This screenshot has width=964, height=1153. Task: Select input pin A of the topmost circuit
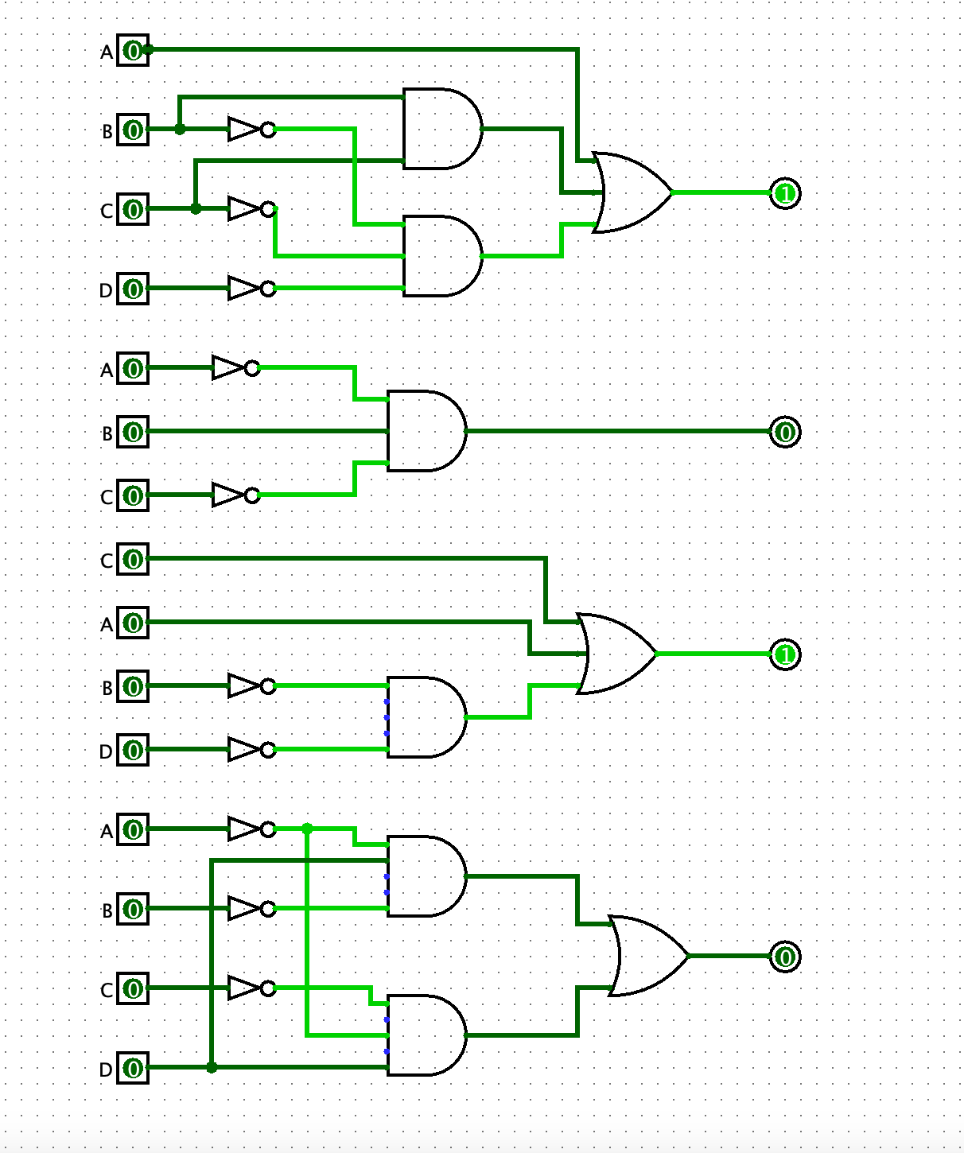(133, 51)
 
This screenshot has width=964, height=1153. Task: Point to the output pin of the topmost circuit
(785, 193)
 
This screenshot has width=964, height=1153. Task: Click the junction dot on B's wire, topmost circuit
(180, 129)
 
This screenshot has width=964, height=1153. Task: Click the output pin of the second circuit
(785, 433)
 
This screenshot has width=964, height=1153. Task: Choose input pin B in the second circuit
(133, 433)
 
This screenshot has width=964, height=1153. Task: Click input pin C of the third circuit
(133, 560)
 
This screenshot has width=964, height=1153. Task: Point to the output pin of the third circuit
(785, 654)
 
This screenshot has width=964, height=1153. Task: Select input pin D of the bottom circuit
(133, 1068)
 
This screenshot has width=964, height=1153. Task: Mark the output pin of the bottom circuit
(785, 957)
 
